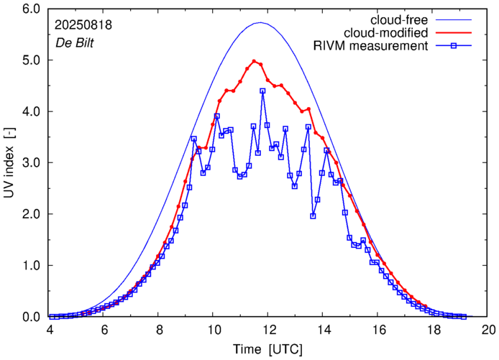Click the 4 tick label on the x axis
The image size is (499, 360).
click(50, 329)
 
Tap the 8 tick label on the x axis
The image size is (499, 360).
click(159, 329)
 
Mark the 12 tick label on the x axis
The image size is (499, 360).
click(268, 329)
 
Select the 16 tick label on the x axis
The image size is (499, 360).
click(378, 329)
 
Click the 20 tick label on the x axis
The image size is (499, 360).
click(487, 329)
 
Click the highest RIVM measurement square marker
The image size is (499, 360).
click(262, 91)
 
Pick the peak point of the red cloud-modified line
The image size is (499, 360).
click(254, 61)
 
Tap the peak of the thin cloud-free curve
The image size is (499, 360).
click(260, 23)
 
